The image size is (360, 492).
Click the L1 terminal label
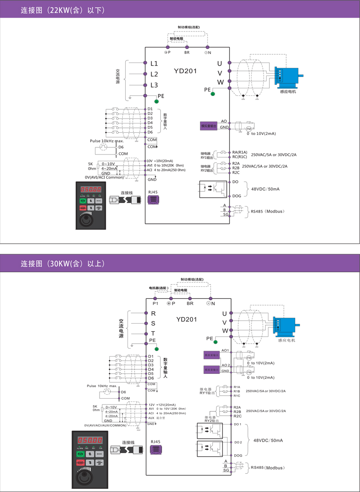click(x=154, y=64)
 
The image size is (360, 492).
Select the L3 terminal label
click(x=154, y=85)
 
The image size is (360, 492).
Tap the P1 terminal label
click(x=156, y=304)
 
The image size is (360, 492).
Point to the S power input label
click(x=153, y=323)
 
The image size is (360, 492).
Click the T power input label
click(x=153, y=333)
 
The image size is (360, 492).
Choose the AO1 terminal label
click(x=225, y=351)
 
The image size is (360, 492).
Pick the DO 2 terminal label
click(x=238, y=442)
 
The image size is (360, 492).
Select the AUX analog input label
click(x=151, y=418)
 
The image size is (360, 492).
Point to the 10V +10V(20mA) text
click(x=160, y=161)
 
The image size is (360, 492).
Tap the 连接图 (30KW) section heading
click(x=62, y=264)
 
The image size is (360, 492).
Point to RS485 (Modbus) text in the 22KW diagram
click(x=268, y=211)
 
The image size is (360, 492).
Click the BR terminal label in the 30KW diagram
click(x=190, y=304)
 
